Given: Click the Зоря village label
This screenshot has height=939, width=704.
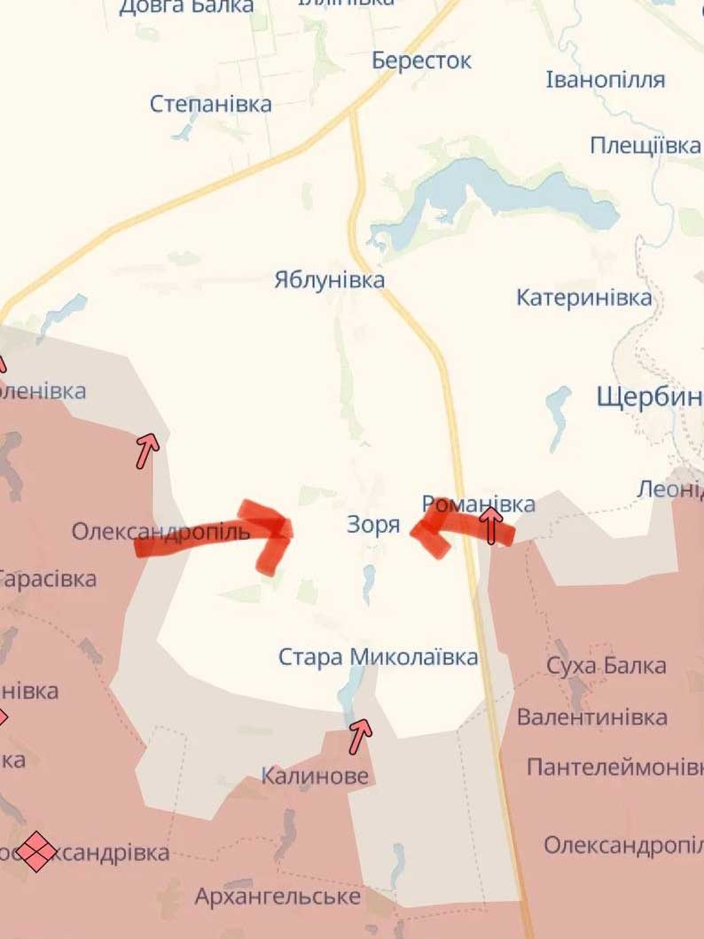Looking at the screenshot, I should click(373, 525).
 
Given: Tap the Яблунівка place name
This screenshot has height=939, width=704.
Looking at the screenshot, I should click(329, 280).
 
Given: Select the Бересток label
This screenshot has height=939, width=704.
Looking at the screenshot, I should click(421, 61).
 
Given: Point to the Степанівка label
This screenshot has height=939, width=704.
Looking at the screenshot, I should click(211, 104).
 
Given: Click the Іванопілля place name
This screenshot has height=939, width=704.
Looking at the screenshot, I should click(606, 80).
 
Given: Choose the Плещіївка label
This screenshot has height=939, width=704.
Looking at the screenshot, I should click(645, 145).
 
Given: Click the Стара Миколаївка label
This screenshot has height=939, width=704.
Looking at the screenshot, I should click(379, 657).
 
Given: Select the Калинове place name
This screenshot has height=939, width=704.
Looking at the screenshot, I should click(315, 776).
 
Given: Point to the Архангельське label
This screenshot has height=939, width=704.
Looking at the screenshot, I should click(278, 896).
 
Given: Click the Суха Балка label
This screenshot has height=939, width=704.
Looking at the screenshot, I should click(606, 666).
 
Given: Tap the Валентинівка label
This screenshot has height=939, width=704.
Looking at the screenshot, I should click(592, 716).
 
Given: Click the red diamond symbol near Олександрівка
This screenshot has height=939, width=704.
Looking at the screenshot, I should click(36, 851).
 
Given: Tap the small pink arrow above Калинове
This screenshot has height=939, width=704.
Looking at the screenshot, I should click(360, 734).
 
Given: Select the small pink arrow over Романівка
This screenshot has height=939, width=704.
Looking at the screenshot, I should click(490, 523).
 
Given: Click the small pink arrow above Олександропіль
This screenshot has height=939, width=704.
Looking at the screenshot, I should click(146, 450).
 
